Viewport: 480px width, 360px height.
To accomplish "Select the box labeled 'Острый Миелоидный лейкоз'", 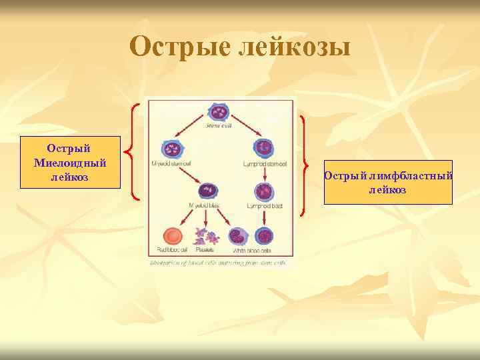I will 70,162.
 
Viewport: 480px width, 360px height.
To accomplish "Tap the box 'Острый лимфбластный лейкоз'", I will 388,182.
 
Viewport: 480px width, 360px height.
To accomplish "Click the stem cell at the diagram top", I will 219,112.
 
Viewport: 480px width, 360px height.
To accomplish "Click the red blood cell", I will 173,236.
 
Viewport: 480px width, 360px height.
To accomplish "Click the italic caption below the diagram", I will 219,263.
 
